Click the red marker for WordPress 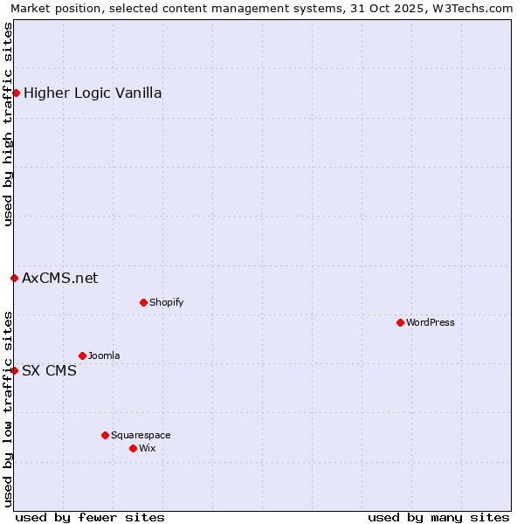[x=400, y=322]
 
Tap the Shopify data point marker [x=143, y=302]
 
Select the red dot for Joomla [x=82, y=355]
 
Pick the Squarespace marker [x=105, y=435]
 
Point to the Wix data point [x=133, y=448]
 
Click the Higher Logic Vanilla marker [x=16, y=93]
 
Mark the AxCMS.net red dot [x=14, y=278]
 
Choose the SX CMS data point [x=14, y=370]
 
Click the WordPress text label [x=431, y=322]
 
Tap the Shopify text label [x=166, y=302]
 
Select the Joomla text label [x=104, y=355]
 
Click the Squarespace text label [x=141, y=435]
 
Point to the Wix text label [x=147, y=448]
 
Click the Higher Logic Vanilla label [x=93, y=93]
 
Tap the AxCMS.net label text [x=60, y=278]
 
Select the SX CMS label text [x=49, y=370]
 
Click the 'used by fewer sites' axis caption [x=90, y=517]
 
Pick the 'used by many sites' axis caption [x=438, y=517]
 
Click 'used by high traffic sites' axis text [x=8, y=124]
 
